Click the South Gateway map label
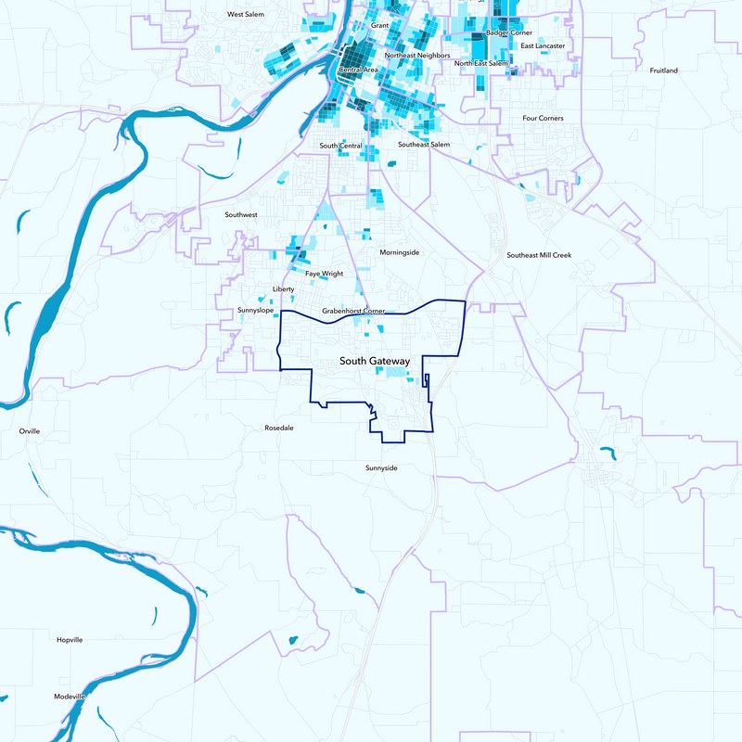375,361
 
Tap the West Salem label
246,15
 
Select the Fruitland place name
663,70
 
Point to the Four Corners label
543,119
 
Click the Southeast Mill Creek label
539,255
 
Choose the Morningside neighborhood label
400,252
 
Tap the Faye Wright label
325,274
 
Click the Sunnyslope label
255,310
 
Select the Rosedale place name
279,429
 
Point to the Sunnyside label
381,468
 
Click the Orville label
30,431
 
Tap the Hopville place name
70,640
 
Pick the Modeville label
70,696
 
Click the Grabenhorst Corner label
353,311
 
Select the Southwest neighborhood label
241,214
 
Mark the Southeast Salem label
424,145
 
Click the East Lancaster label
543,45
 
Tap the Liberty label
283,289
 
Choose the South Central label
340,146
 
